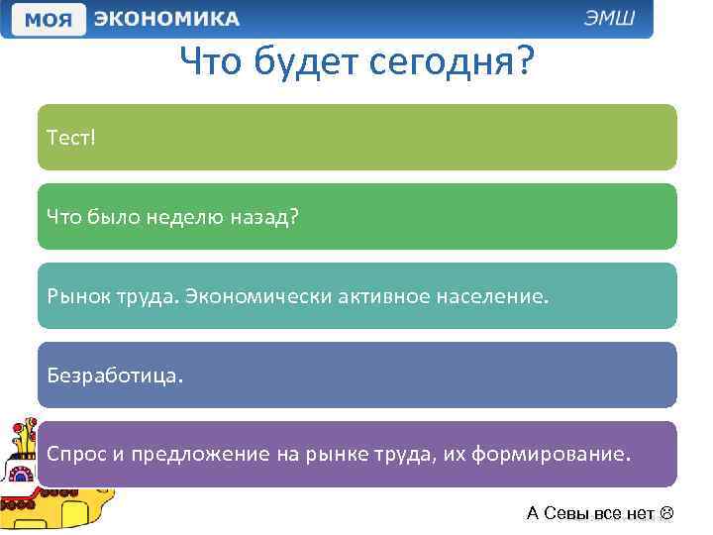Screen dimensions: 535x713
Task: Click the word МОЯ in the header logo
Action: (47, 20)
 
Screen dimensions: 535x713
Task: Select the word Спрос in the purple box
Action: (75, 454)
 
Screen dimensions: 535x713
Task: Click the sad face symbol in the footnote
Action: (665, 513)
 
